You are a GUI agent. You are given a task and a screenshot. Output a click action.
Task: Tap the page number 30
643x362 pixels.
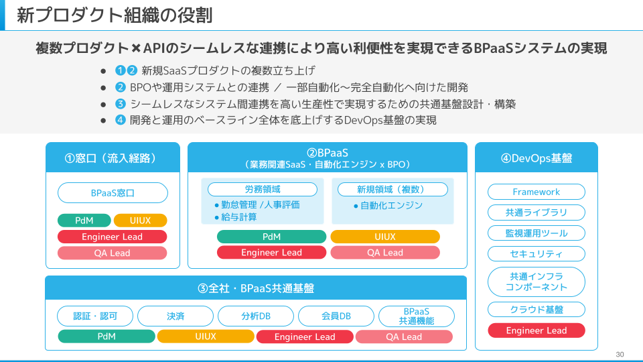pos(620,354)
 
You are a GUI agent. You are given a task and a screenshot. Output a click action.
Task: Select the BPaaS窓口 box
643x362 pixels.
pos(113,193)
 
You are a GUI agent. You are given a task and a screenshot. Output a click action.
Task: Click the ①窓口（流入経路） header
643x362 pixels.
pos(113,158)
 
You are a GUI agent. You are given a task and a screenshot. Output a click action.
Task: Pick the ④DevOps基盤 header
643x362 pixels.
pos(536,158)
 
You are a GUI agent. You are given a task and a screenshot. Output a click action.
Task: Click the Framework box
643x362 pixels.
pos(536,192)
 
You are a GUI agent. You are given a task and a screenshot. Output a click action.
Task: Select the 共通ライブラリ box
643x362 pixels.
pos(536,213)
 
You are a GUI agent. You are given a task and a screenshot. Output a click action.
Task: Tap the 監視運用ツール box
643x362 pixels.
pos(536,233)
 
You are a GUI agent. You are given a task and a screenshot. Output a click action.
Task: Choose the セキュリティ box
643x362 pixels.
pos(536,254)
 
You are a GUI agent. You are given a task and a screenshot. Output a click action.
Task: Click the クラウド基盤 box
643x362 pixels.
pos(536,310)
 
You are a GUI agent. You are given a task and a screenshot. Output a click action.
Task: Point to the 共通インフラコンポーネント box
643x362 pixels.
pos(536,282)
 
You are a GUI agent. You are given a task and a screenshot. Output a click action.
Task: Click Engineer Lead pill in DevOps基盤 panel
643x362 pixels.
pos(536,330)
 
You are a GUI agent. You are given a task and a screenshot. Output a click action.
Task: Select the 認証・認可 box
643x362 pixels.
pos(94,316)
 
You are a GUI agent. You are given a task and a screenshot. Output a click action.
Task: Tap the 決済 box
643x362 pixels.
pos(175,316)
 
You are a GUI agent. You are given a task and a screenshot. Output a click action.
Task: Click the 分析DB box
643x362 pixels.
pos(256,316)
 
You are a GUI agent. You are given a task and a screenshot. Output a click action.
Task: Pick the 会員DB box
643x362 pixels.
pos(336,316)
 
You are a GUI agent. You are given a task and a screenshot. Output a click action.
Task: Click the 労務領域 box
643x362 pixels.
pos(263,189)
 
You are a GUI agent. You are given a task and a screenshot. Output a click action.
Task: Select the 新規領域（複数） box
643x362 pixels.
pos(392,189)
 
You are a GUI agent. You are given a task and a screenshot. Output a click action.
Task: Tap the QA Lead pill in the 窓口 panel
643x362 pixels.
pos(112,253)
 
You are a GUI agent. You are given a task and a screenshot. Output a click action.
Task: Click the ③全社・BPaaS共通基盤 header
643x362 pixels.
pos(256,288)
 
